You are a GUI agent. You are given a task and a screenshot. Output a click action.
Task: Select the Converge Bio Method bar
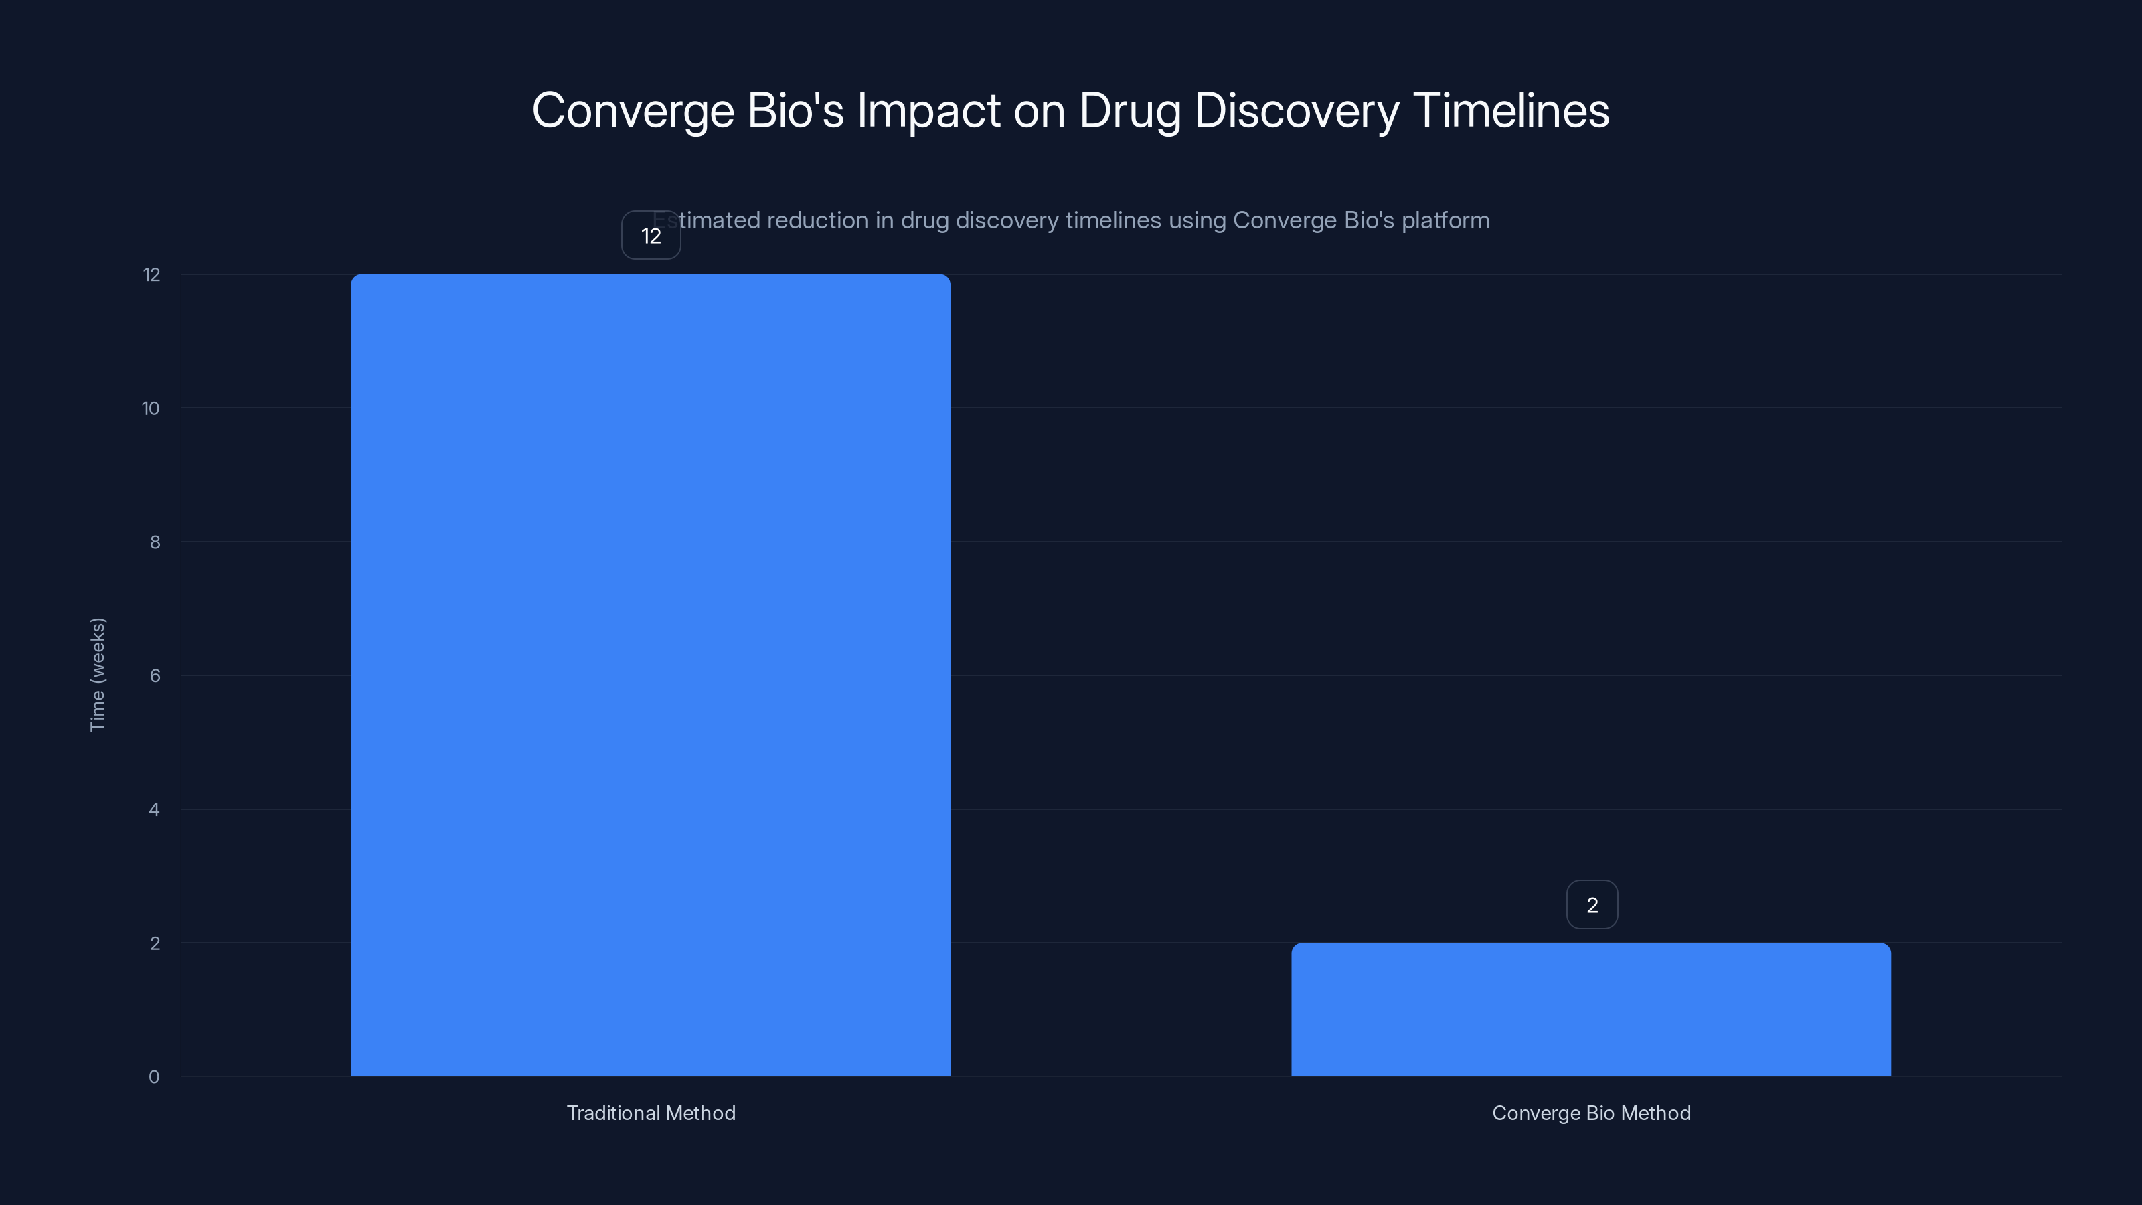tap(1590, 1009)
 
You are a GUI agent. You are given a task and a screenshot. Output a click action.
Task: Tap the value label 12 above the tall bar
tap(651, 236)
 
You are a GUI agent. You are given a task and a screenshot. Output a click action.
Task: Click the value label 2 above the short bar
tap(1592, 905)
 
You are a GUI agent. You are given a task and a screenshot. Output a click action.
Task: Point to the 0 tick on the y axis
tap(154, 1077)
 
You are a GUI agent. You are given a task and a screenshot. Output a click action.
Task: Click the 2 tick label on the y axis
tap(155, 943)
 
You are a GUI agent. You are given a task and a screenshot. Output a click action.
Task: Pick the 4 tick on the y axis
tap(154, 809)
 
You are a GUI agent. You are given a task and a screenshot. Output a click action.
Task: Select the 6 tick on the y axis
tap(155, 675)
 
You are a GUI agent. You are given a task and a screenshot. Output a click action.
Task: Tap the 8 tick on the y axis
tap(155, 542)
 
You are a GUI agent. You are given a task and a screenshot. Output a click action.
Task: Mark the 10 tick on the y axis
tap(151, 408)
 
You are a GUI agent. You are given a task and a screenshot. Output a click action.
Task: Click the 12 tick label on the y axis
tap(151, 274)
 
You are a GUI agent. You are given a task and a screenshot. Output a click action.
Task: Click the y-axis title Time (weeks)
tap(97, 674)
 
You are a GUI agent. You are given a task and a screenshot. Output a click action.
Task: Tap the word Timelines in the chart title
tap(1511, 110)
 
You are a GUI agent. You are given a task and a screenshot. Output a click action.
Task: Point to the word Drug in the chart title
tap(1129, 110)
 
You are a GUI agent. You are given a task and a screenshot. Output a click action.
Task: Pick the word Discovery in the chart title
tap(1297, 110)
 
